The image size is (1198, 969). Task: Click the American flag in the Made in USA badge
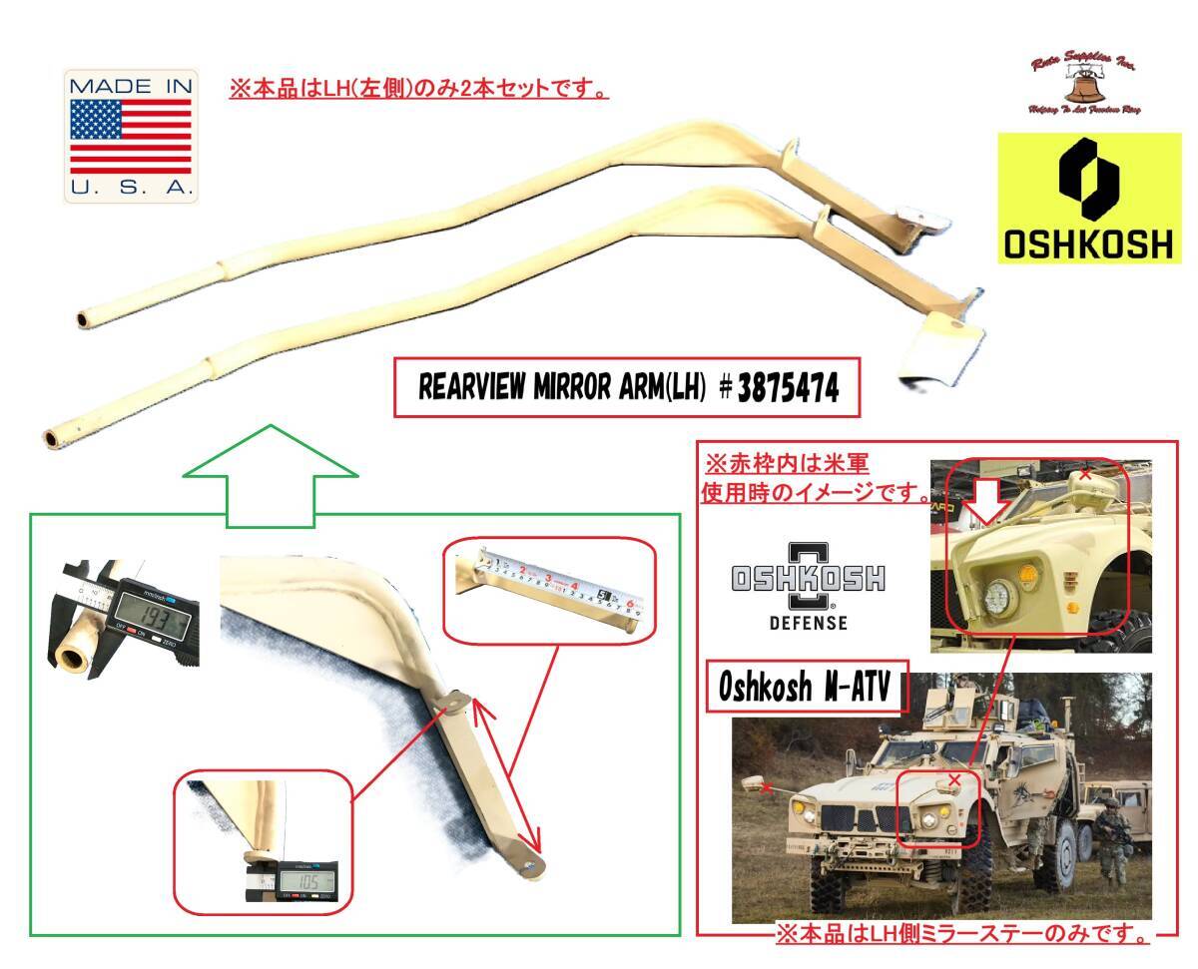[x=131, y=136]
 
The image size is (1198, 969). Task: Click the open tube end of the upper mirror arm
[x=84, y=320]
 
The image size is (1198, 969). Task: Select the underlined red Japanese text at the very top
[x=419, y=90]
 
